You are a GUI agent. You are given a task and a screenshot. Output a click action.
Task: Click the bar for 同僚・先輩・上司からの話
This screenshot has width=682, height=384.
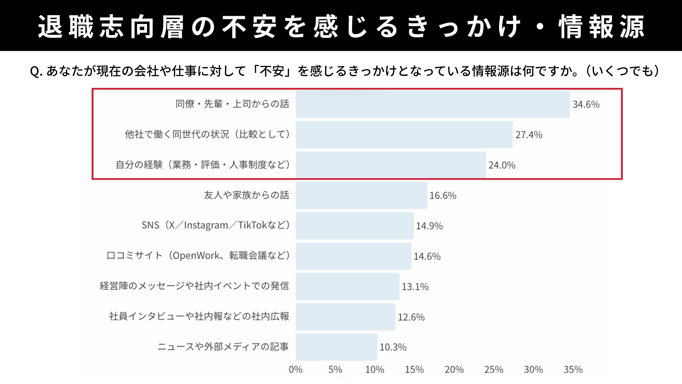[432, 104]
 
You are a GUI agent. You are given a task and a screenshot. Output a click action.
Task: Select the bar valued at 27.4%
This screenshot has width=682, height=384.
[404, 135]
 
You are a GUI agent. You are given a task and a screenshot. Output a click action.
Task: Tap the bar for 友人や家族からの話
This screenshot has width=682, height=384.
[361, 195]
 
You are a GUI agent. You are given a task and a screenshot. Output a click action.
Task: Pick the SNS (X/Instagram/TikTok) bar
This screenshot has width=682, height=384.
[354, 226]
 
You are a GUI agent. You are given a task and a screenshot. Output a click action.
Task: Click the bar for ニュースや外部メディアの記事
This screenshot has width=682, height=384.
[336, 347]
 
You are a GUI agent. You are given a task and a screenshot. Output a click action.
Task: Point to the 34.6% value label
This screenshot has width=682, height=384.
[586, 104]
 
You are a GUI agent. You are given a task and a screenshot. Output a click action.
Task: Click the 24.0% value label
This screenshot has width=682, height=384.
[502, 165]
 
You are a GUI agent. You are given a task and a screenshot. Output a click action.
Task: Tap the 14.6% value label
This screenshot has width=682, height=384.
[427, 256]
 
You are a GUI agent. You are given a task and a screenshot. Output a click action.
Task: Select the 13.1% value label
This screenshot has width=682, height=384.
[415, 287]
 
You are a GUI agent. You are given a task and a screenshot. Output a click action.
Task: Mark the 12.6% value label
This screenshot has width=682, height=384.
[411, 317]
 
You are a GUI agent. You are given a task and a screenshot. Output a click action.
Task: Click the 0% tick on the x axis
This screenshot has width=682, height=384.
[295, 370]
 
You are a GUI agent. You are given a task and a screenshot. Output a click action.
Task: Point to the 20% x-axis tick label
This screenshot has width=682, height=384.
[454, 370]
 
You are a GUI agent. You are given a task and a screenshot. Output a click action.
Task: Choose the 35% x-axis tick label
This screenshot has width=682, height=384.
[573, 370]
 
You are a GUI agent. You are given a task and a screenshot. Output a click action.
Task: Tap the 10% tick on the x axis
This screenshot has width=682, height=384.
[374, 370]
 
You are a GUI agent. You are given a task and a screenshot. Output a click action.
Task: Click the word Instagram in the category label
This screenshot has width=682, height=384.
[206, 226]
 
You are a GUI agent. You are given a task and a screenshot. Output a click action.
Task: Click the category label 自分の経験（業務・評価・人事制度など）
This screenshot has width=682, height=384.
[202, 165]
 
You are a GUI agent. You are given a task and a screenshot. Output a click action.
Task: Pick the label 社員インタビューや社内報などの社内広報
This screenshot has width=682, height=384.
[199, 316]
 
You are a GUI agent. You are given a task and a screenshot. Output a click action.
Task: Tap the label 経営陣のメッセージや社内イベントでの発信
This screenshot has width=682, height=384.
[194, 286]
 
